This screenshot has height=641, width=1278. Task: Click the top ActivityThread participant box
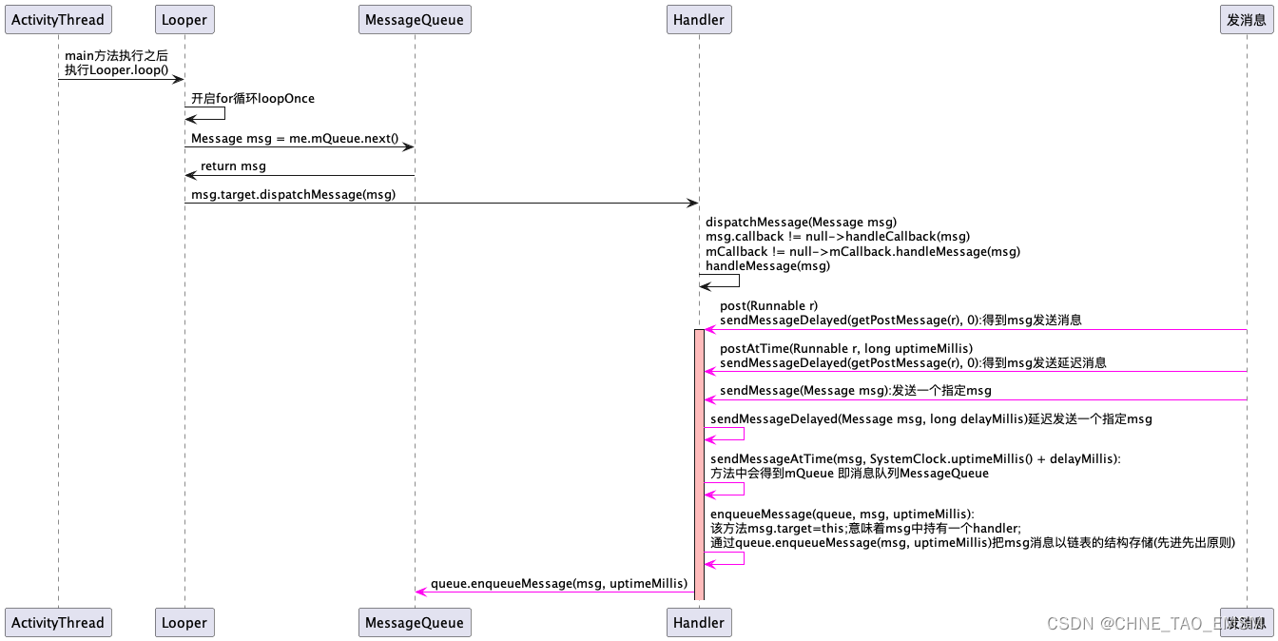click(57, 19)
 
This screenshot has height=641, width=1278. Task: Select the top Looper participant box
click(184, 19)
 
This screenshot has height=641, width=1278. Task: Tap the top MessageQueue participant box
click(415, 19)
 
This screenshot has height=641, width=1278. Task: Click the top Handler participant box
click(699, 19)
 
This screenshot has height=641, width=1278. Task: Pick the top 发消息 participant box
click(1246, 19)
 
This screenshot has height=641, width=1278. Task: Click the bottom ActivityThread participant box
click(57, 623)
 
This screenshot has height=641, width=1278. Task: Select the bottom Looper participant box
click(184, 623)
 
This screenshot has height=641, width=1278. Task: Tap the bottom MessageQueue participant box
click(415, 623)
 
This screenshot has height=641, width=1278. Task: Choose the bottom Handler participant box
click(699, 623)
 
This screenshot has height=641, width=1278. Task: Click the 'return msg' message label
click(233, 166)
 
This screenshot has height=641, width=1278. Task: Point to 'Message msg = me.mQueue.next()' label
click(295, 139)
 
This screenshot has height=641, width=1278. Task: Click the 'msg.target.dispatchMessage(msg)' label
click(293, 194)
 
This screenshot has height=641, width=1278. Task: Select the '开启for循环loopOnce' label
click(252, 98)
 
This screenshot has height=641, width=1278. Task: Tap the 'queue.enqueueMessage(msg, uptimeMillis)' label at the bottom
click(558, 583)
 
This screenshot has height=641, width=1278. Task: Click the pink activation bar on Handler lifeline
click(699, 466)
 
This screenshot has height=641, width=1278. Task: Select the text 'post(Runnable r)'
click(768, 306)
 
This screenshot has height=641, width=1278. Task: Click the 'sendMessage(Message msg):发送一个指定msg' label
click(856, 391)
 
